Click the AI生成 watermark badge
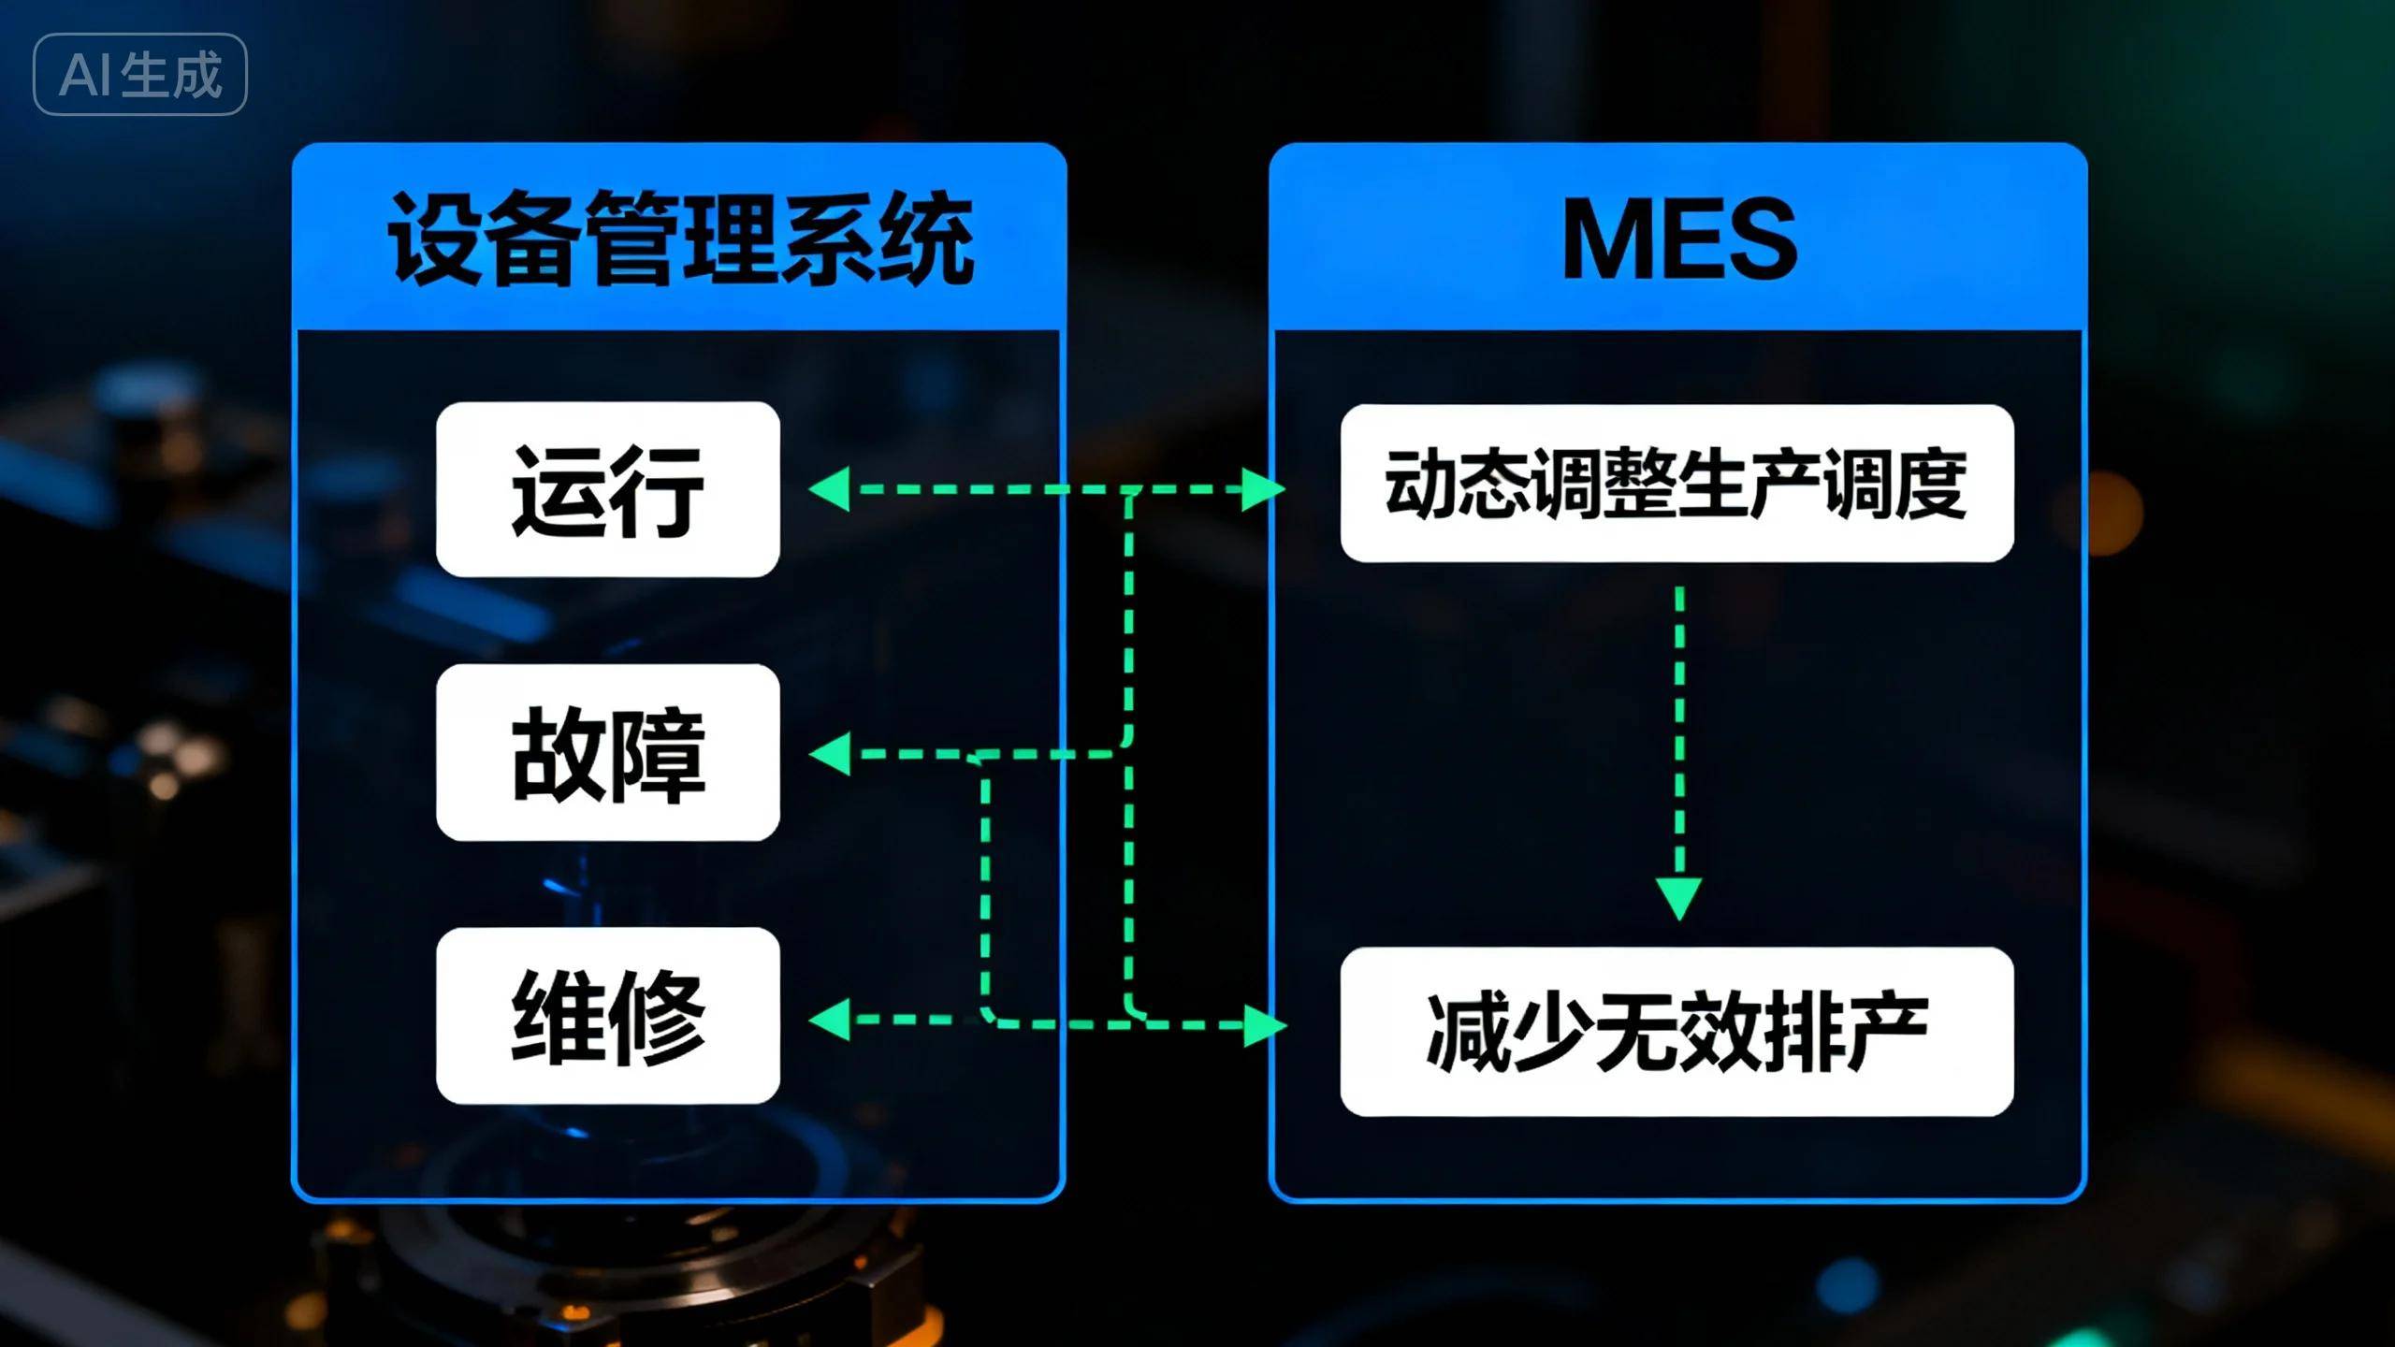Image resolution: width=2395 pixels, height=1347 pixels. [x=140, y=75]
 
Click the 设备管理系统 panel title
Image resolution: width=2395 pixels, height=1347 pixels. [x=680, y=238]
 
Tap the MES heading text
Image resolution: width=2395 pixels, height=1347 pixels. [x=1678, y=239]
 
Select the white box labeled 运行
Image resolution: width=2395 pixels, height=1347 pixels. [x=608, y=489]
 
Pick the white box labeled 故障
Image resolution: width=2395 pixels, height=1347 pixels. [x=608, y=752]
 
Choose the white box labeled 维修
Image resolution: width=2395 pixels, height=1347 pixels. [x=608, y=1016]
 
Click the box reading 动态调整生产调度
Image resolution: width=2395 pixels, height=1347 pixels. [x=1676, y=484]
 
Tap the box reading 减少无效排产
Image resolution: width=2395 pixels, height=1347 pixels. [x=1676, y=1032]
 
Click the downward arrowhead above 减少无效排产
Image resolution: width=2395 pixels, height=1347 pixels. [x=1679, y=898]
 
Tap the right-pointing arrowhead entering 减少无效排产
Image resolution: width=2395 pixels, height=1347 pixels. [x=1265, y=1025]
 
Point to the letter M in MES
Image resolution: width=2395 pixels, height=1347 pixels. [x=1601, y=239]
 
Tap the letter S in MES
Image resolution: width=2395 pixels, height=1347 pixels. [x=1760, y=239]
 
